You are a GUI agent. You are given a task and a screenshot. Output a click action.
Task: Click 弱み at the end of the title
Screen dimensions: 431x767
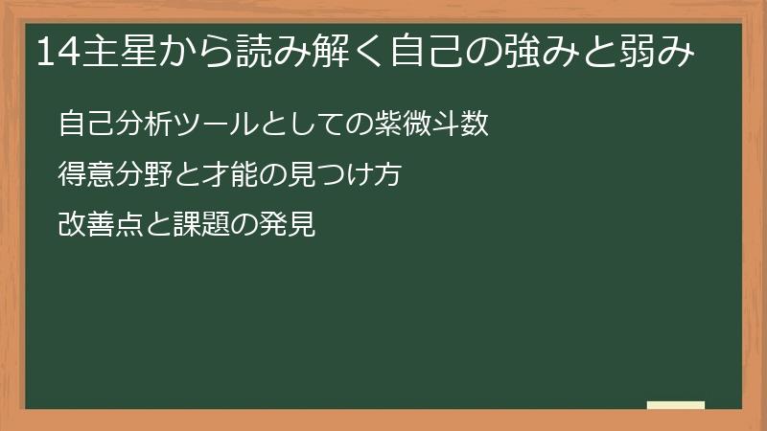pos(658,52)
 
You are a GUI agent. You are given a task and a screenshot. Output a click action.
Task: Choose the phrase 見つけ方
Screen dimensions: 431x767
pos(356,176)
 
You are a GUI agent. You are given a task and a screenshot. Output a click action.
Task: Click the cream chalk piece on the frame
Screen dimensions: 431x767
pos(675,406)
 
